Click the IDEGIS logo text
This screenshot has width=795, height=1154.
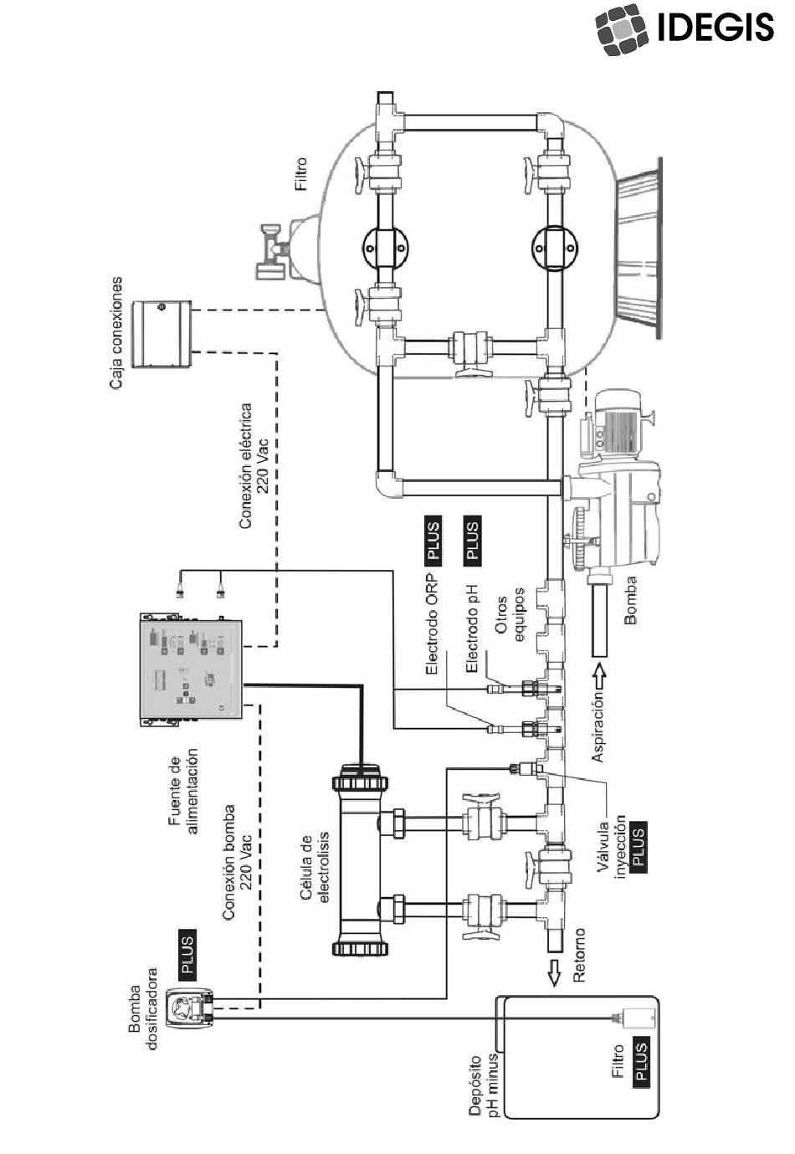click(x=715, y=28)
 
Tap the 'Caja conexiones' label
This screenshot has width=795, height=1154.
click(x=117, y=333)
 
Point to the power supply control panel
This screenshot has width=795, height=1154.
click(x=192, y=669)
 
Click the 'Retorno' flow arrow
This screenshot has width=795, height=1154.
click(x=554, y=974)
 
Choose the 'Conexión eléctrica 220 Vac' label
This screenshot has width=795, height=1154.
click(x=254, y=465)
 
